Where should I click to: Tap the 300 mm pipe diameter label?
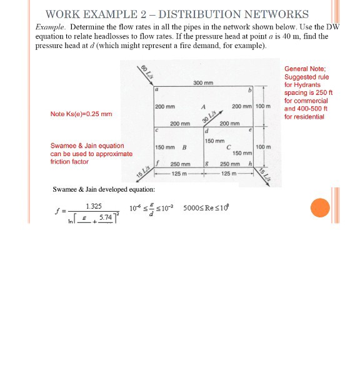tap(203, 83)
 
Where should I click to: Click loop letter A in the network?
tap(204, 106)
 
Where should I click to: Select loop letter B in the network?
tap(184, 148)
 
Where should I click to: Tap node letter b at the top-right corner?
tap(249, 92)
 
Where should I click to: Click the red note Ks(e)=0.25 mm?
tap(81, 114)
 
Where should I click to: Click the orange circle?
tap(319, 207)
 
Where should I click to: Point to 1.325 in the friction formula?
tap(94, 205)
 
